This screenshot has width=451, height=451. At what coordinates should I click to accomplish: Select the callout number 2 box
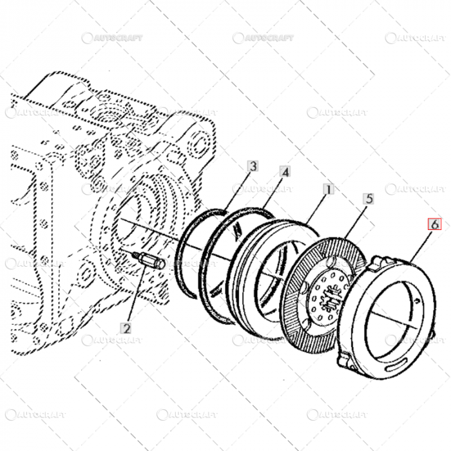click(x=126, y=328)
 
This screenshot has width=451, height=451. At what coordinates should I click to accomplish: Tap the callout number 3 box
click(x=253, y=166)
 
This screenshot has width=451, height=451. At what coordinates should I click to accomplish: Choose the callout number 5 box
click(x=368, y=199)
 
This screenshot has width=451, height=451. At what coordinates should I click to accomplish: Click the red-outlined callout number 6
click(x=435, y=225)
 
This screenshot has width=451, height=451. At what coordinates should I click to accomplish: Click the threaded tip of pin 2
click(x=136, y=256)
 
